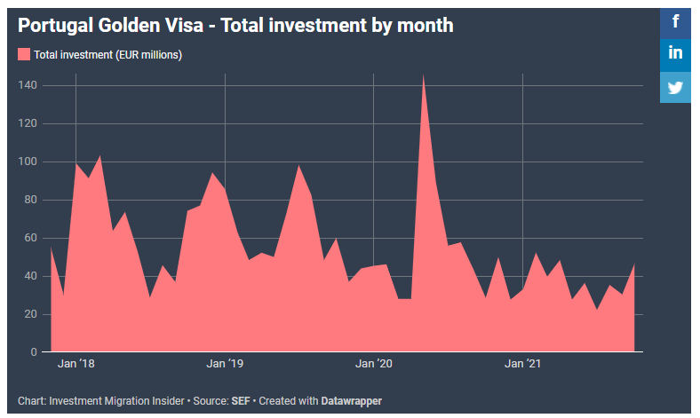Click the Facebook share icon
click(676, 21)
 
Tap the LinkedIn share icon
click(676, 53)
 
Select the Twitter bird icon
click(676, 87)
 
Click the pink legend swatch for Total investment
click(24, 55)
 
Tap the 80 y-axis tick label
click(29, 200)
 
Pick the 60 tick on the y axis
click(29, 238)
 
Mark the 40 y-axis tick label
click(29, 276)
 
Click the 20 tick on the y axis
click(29, 314)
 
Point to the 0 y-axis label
click(33, 352)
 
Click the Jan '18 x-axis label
click(76, 365)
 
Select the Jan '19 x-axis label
click(225, 365)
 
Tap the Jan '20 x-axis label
click(374, 365)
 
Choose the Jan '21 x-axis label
click(522, 365)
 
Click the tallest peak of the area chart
click(423, 76)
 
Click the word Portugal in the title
click(53, 26)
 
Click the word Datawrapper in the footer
click(352, 401)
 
